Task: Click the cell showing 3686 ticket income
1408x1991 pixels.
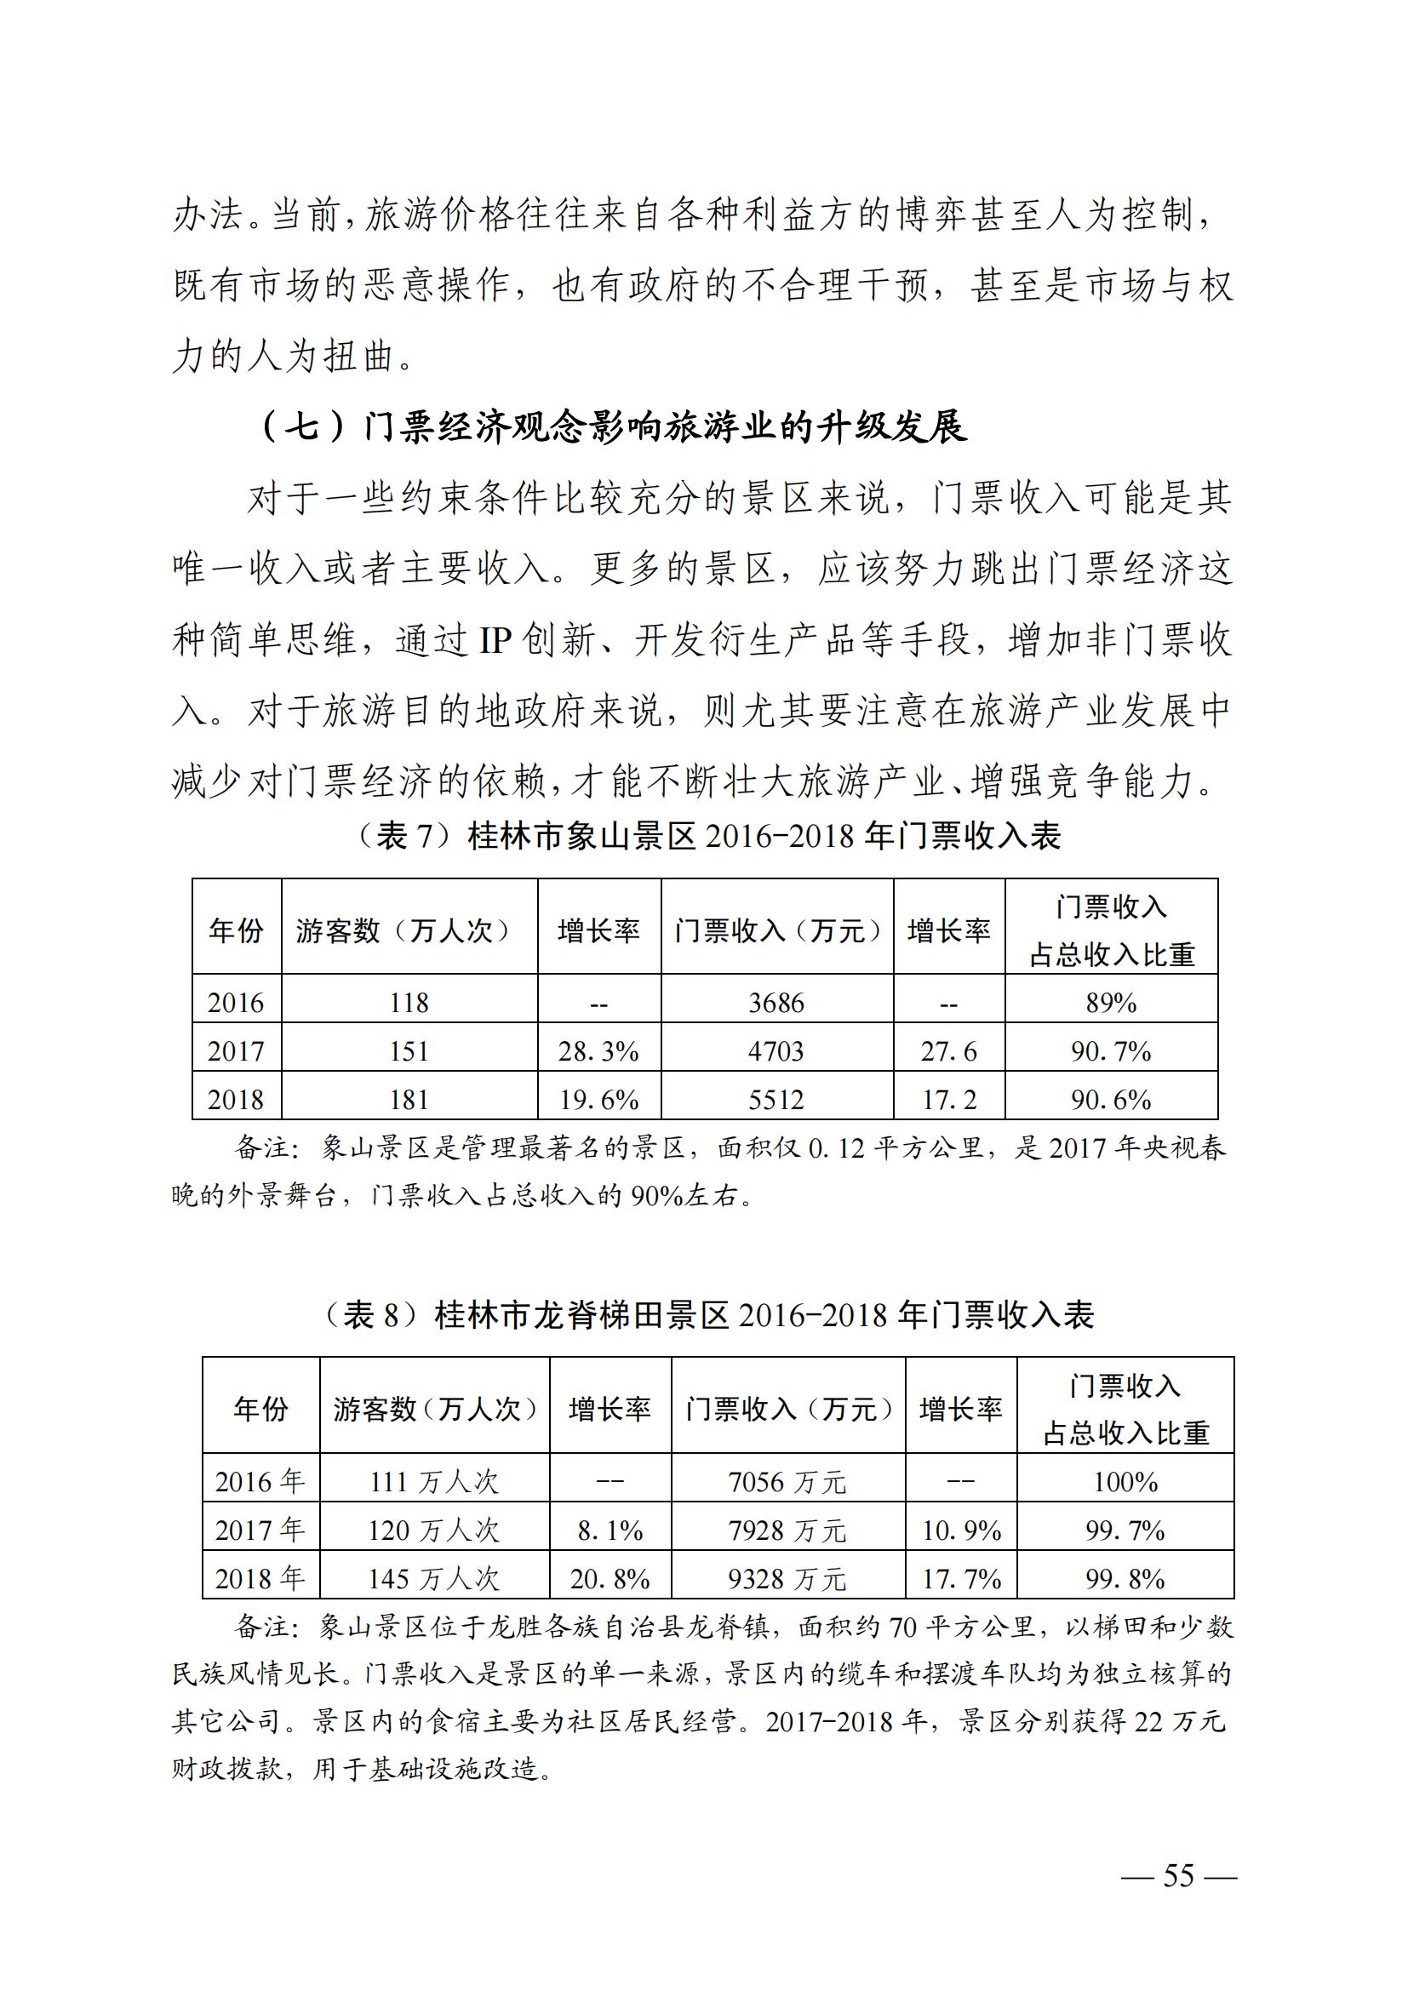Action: coord(776,1004)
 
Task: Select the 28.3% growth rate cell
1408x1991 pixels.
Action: coord(598,1052)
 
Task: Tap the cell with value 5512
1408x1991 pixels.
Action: coord(776,1101)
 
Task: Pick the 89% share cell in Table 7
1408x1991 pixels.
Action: coord(1111,1004)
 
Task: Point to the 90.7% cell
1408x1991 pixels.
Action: coord(1111,1052)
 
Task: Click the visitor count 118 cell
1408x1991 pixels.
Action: coord(409,1004)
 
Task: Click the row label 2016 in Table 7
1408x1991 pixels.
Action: coord(236,1004)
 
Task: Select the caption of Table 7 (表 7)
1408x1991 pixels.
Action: coord(708,836)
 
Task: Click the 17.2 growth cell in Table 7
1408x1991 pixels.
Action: coord(948,1101)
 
